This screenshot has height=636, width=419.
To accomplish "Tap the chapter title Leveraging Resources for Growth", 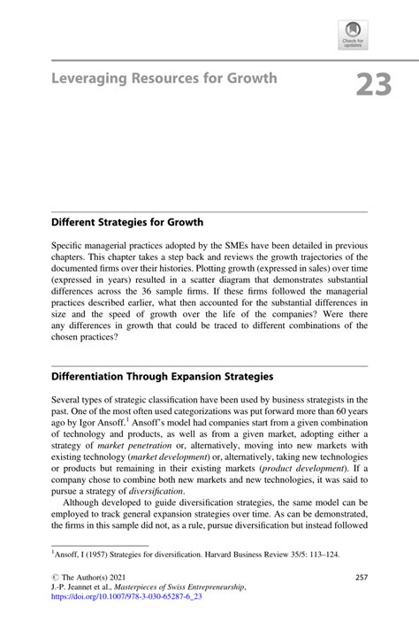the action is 164,78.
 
